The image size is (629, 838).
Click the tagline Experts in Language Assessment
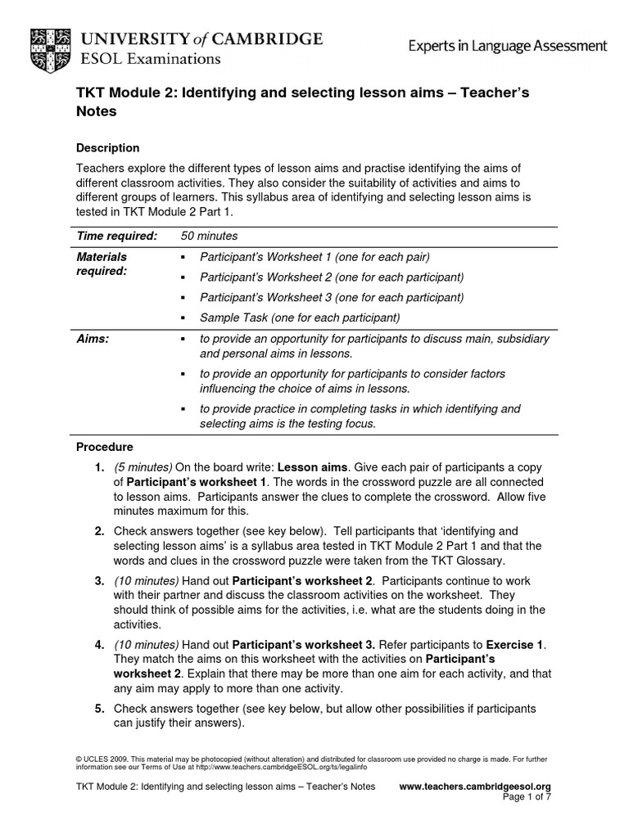click(508, 47)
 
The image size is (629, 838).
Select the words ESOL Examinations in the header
click(150, 59)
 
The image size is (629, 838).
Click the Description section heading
click(107, 148)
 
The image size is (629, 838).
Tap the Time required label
click(116, 236)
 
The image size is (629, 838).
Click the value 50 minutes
click(209, 236)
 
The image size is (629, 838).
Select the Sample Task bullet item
click(300, 317)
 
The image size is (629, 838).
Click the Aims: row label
click(93, 339)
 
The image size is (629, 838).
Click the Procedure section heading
click(105, 447)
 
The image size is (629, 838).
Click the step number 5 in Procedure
click(98, 708)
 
